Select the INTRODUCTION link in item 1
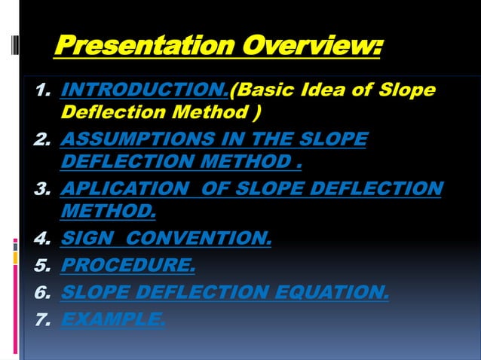click(x=143, y=92)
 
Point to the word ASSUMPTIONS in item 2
click(x=128, y=140)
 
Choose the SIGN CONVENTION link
click(x=165, y=239)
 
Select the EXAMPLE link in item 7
click(x=112, y=319)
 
